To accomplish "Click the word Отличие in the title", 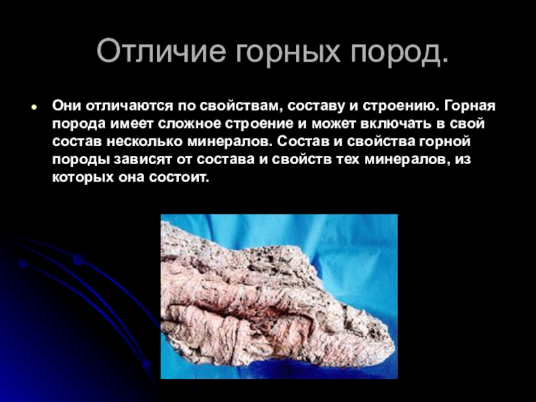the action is point(161,52).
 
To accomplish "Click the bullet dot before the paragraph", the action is point(33,107).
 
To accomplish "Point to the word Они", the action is point(66,106).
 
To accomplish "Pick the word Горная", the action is point(470,107).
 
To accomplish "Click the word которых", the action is point(82,178).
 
